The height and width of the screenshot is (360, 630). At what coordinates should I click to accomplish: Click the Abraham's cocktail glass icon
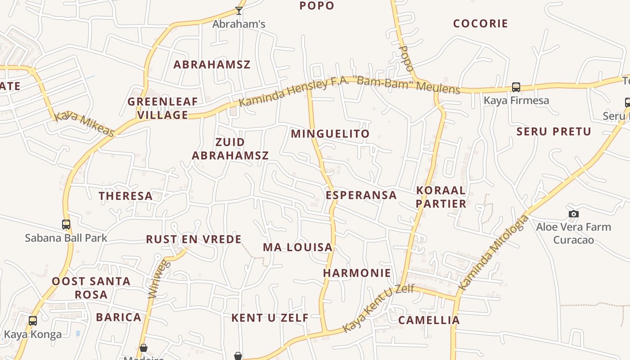pos(239,10)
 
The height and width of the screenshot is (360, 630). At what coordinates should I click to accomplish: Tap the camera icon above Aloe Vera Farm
pos(573,214)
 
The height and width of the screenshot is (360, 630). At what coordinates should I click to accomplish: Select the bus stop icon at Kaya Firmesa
pos(516,87)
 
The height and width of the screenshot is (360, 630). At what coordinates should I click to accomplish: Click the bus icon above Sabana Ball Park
pos(66,224)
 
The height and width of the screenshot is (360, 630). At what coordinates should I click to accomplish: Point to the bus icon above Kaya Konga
pos(33,321)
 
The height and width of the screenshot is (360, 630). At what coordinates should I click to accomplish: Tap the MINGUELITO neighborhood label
pos(330,134)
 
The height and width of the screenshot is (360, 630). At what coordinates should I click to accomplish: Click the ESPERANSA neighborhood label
pos(361,195)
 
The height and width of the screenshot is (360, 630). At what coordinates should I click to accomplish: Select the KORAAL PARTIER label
pos(441,197)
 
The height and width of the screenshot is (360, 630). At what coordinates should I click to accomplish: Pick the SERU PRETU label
pos(553,131)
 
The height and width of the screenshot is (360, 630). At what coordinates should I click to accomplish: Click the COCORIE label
pos(480,23)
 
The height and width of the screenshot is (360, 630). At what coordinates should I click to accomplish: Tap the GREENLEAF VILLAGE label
pos(162,108)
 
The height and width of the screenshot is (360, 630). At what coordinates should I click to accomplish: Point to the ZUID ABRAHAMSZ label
pos(230,149)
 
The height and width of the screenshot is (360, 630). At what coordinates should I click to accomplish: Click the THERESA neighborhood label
pos(126,196)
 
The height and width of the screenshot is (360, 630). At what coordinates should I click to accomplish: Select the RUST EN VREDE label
pos(193,239)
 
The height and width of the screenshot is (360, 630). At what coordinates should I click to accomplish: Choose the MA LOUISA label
pos(297,247)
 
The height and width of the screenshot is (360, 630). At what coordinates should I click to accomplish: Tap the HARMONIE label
pos(357,273)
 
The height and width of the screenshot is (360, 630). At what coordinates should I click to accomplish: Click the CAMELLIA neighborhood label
pos(429,320)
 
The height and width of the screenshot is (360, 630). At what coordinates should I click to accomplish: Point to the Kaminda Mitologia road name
pos(493,252)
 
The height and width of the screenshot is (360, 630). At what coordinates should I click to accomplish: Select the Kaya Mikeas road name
pos(84,124)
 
